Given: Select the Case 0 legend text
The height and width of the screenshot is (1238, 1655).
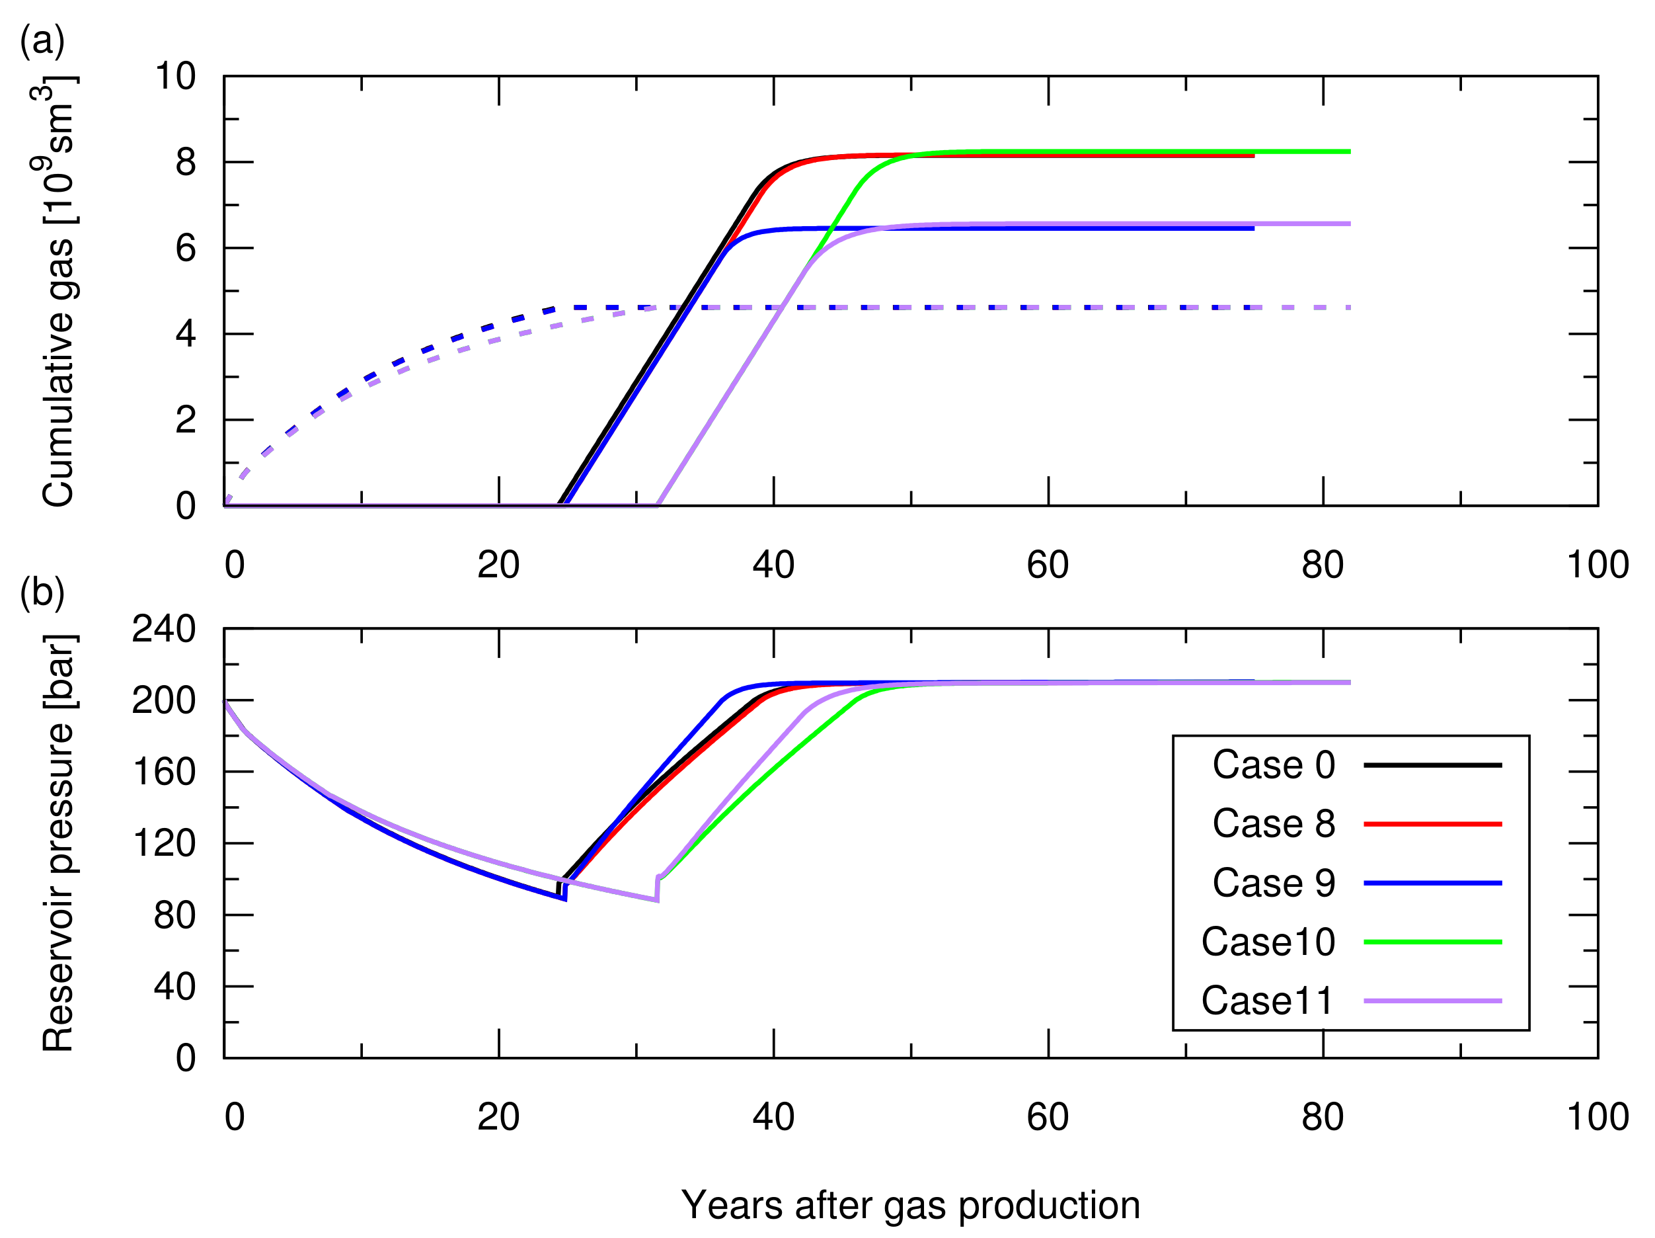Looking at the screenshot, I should coord(1273,765).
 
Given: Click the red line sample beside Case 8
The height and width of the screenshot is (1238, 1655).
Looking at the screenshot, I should coord(1432,824).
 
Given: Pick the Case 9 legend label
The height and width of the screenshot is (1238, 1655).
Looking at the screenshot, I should coord(1273,884).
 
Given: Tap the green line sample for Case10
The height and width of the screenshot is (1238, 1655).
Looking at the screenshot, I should coord(1432,942).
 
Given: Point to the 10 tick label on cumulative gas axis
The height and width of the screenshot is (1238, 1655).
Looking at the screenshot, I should coord(175,76).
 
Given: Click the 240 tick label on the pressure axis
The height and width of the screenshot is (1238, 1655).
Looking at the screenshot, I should coord(164,629).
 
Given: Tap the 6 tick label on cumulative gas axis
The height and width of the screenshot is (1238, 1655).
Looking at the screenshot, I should coord(186,249).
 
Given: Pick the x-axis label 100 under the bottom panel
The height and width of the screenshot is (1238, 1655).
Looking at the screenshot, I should coord(1597,1118).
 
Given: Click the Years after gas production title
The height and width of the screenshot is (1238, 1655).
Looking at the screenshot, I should coord(911,1205).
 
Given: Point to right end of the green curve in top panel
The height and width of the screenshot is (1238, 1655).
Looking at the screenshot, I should coord(1349,152).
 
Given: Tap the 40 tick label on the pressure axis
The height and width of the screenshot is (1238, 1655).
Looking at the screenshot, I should coord(174,987).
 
